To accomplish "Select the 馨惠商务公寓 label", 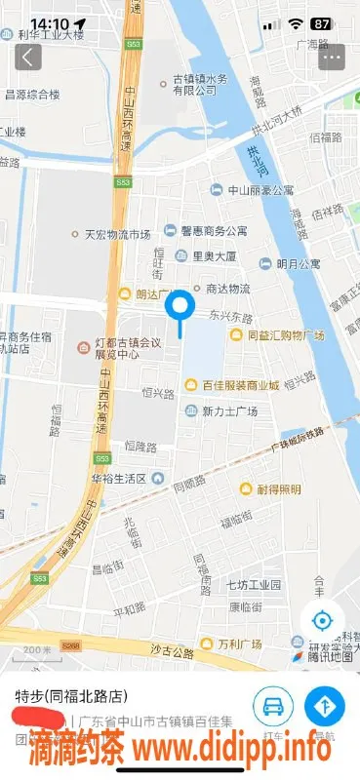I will tap(214, 231).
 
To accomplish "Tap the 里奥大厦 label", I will tap(214, 256).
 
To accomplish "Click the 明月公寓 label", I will tap(297, 263).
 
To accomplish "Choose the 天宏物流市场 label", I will tap(117, 234).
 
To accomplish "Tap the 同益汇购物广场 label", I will tap(285, 334).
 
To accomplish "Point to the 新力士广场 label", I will tap(230, 411).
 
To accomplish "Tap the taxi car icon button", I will tap(274, 704).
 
